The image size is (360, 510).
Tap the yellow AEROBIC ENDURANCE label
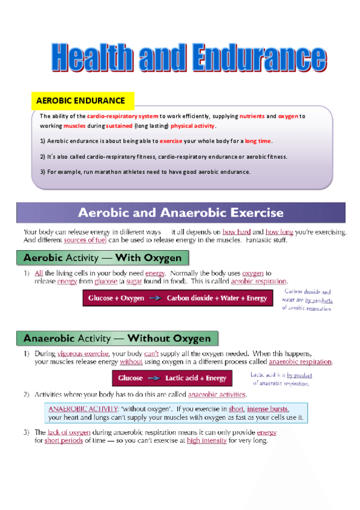tap(81, 101)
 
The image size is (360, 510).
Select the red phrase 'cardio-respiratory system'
tap(123, 116)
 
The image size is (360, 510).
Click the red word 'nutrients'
tap(252, 116)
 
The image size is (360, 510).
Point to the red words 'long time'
tap(258, 141)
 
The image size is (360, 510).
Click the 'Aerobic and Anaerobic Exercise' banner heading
tap(181, 213)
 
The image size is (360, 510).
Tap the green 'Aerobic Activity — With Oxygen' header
tap(102, 258)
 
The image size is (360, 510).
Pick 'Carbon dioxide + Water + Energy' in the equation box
tap(217, 298)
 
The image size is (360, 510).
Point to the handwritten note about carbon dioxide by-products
tap(307, 300)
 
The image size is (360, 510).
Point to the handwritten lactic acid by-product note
tap(281, 378)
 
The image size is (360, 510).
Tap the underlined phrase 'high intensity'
tap(207, 440)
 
